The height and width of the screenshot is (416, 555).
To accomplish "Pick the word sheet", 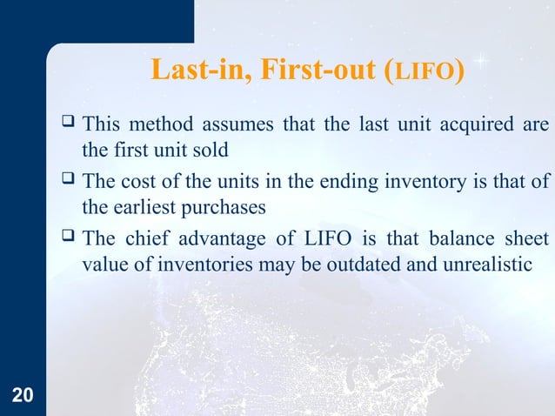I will click(x=525, y=238).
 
